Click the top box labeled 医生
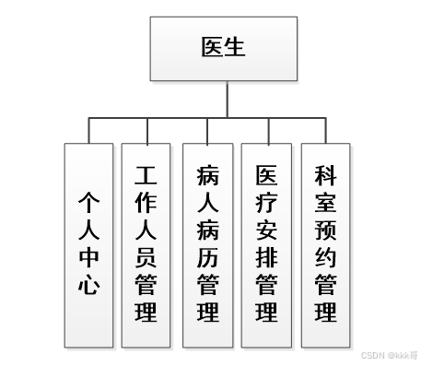pyautogui.click(x=210, y=49)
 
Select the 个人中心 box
pyautogui.click(x=88, y=244)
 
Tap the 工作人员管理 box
pyautogui.click(x=146, y=244)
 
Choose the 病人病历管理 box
pyautogui.click(x=206, y=244)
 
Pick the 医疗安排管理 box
pyautogui.click(x=266, y=244)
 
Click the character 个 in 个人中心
pyautogui.click(x=88, y=202)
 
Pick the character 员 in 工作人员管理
pyautogui.click(x=146, y=256)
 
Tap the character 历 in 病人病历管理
pyautogui.click(x=206, y=256)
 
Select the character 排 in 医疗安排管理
pyautogui.click(x=266, y=256)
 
